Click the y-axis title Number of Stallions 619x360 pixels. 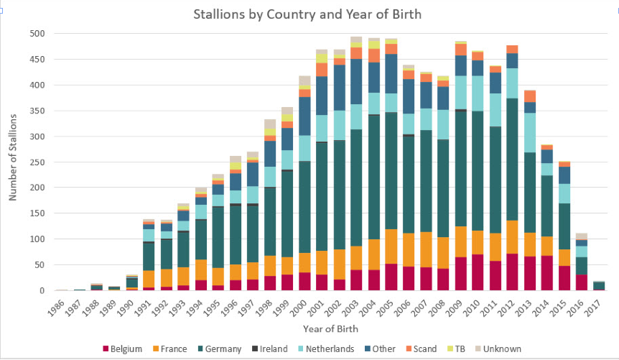point(13,162)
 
